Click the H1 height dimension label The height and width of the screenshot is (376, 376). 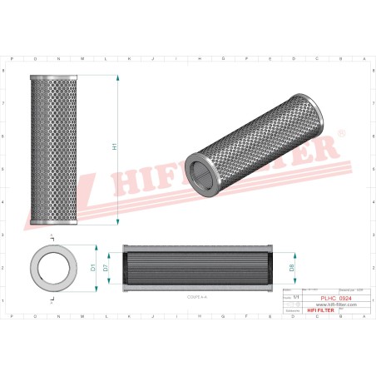114,147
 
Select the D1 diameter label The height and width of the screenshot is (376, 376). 94,268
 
